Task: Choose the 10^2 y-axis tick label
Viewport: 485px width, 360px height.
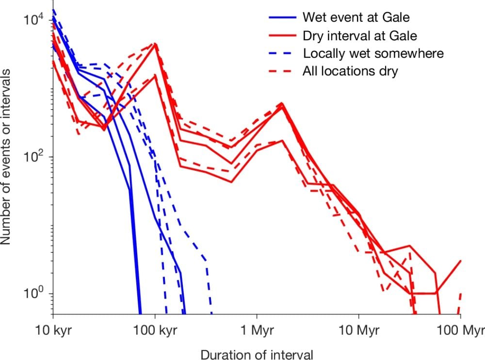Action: click(33, 157)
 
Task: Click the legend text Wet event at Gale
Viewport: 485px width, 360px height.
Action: click(356, 17)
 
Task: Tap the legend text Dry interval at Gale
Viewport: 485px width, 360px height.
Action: click(359, 35)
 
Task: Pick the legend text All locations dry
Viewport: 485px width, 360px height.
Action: click(350, 71)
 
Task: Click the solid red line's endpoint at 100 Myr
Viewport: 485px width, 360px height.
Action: click(460, 261)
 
